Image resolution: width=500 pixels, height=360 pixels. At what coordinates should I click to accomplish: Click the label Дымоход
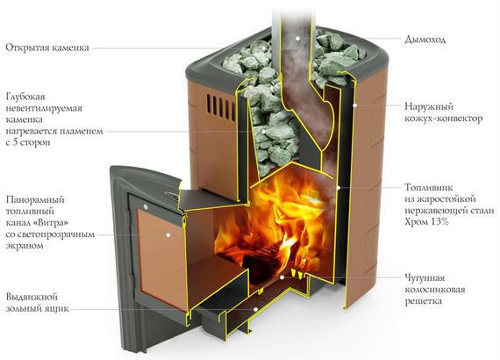pyautogui.click(x=425, y=40)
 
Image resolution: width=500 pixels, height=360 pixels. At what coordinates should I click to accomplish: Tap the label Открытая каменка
pyautogui.click(x=47, y=48)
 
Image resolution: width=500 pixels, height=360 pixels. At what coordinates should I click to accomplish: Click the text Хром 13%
pyautogui.click(x=427, y=221)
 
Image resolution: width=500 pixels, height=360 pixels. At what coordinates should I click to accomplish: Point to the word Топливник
pyautogui.click(x=429, y=187)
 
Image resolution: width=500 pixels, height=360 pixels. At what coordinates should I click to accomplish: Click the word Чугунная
pyautogui.click(x=425, y=278)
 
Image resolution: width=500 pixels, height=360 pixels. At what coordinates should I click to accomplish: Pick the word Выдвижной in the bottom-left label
pyautogui.click(x=32, y=297)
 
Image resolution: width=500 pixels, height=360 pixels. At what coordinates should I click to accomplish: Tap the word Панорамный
pyautogui.click(x=35, y=200)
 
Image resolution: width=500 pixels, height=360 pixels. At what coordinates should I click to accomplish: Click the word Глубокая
pyautogui.click(x=25, y=97)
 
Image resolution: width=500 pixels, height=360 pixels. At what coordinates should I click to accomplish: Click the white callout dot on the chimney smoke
pyautogui.click(x=297, y=39)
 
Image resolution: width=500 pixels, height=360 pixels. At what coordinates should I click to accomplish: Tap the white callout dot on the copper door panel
pyautogui.click(x=168, y=235)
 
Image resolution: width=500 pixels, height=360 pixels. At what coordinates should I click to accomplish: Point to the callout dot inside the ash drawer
pyautogui.click(x=256, y=309)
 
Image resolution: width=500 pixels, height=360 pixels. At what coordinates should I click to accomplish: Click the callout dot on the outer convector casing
pyautogui.click(x=354, y=104)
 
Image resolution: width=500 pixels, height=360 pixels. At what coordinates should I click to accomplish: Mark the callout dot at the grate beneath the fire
pyautogui.click(x=282, y=277)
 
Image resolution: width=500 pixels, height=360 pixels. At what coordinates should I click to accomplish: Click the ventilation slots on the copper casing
pyautogui.click(x=220, y=104)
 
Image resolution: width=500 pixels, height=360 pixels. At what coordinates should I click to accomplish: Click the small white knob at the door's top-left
pyautogui.click(x=146, y=207)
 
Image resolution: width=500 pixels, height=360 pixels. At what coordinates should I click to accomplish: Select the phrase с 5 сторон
pyautogui.click(x=28, y=142)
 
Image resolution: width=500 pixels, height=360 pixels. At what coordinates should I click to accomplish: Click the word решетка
pyautogui.click(x=424, y=301)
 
